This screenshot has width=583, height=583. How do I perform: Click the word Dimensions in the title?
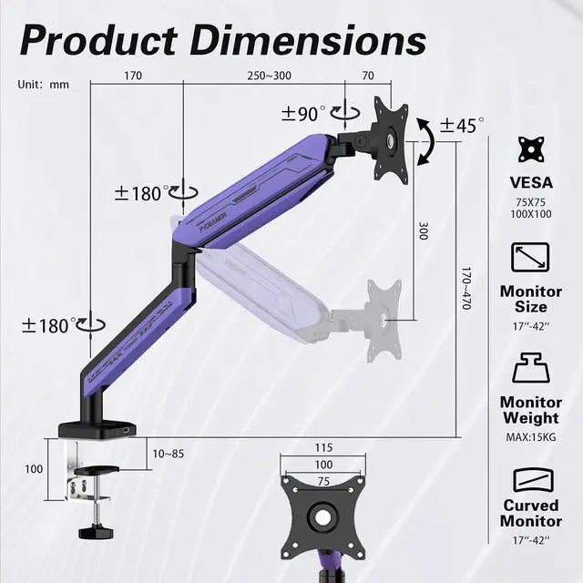tap(310, 40)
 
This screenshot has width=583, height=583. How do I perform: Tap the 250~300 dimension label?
tap(270, 76)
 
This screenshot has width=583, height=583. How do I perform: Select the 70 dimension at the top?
tap(368, 76)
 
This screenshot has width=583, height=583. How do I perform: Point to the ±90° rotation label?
tap(303, 113)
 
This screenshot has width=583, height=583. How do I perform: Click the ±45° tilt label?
tap(462, 126)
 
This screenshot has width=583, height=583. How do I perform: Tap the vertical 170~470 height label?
tap(466, 288)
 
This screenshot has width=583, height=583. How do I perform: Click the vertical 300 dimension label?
tap(424, 230)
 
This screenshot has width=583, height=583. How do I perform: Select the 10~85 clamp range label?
tap(169, 454)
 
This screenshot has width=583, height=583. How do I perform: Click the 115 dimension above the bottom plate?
tap(323, 447)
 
